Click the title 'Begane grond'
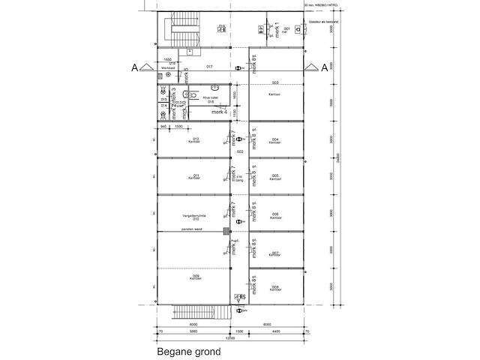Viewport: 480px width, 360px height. point(184,350)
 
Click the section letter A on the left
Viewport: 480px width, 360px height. point(134,68)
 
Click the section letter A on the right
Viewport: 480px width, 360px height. point(324,68)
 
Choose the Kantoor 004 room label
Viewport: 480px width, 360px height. point(275,141)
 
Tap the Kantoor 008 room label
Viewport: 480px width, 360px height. point(275,289)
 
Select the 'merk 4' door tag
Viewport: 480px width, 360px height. point(220,112)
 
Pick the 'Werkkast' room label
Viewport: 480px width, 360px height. point(168,67)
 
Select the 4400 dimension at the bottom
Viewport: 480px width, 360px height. point(275,331)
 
